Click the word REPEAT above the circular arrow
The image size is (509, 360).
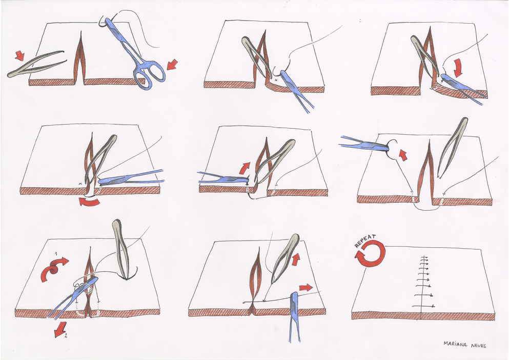(x=365, y=241)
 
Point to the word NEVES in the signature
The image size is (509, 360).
(x=478, y=346)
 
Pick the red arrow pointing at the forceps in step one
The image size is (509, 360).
(x=20, y=55)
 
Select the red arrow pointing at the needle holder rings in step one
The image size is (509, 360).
(x=172, y=64)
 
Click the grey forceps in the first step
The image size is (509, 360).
(x=36, y=64)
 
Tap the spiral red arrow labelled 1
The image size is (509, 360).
(x=53, y=268)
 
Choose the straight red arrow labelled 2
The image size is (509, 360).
(x=61, y=329)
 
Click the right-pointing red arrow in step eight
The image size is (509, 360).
(x=306, y=288)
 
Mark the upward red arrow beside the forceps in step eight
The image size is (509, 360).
(x=296, y=258)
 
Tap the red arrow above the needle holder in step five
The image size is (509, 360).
(x=245, y=168)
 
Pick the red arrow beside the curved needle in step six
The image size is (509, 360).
(x=403, y=155)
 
